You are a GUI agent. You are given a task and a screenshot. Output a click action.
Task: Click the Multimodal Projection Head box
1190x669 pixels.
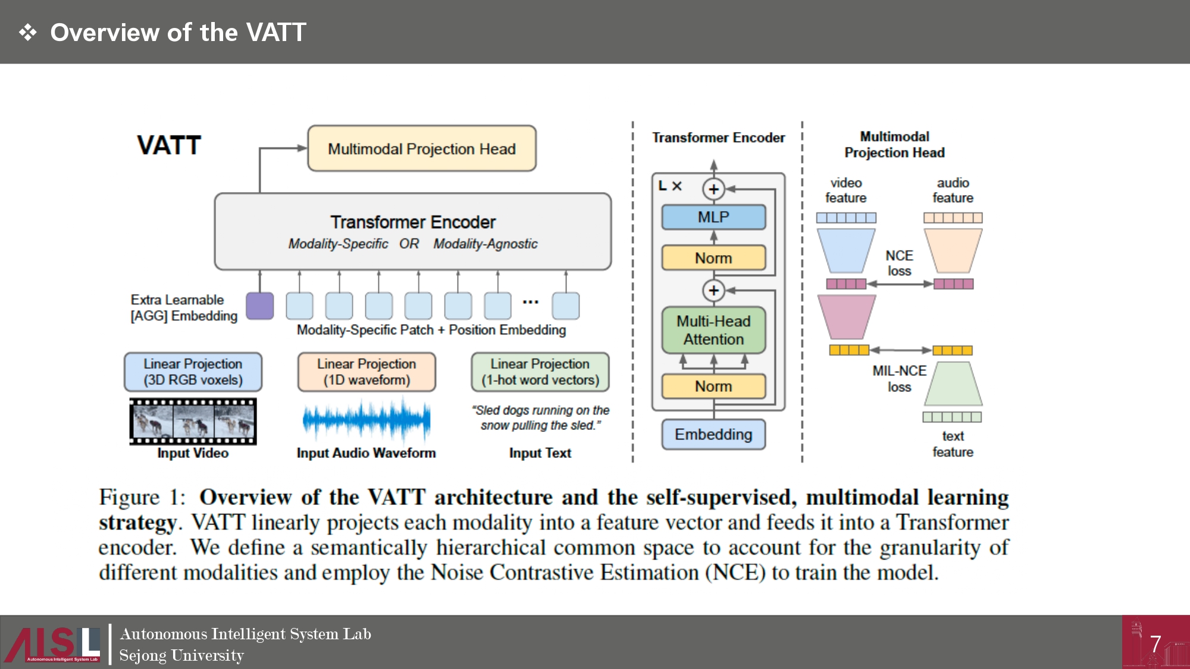[x=421, y=149]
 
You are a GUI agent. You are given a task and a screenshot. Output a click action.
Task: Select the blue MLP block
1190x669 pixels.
[x=713, y=217]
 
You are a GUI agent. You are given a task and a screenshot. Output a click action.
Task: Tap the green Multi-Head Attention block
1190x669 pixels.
[x=713, y=330]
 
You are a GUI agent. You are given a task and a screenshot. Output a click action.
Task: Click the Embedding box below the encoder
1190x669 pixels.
[x=713, y=435]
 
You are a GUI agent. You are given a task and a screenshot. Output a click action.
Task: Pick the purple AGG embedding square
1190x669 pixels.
[x=260, y=306]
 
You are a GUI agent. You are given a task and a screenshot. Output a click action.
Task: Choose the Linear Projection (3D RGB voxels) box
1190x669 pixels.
[x=193, y=372]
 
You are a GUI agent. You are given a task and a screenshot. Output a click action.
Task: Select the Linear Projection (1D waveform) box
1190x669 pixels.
[x=367, y=372]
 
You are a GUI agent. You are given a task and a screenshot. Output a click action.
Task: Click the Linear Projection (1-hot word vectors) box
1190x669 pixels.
[x=540, y=372]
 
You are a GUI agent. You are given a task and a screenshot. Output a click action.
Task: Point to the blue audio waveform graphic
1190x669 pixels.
[x=367, y=419]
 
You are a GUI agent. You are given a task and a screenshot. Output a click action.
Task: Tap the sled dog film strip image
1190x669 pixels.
[x=193, y=421]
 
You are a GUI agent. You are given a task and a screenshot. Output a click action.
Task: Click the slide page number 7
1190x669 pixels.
[x=1155, y=644]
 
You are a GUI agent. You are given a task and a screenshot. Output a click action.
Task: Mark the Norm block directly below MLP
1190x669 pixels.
[x=713, y=258]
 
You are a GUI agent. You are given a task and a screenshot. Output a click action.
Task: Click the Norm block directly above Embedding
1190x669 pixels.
[x=713, y=387]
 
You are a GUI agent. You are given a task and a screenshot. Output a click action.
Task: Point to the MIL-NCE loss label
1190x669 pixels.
[x=899, y=379]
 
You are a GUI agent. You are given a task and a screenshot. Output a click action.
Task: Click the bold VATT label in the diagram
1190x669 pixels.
[x=169, y=146]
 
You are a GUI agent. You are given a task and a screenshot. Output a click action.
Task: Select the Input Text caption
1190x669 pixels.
[x=540, y=453]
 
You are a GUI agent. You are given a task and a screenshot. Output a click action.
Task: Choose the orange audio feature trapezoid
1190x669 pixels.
[x=953, y=250]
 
